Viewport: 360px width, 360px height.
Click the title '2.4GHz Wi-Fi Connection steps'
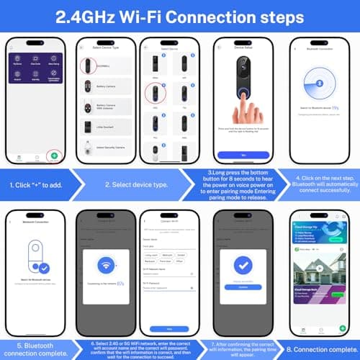click(x=180, y=17)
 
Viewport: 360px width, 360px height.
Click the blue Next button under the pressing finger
click(x=243, y=154)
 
